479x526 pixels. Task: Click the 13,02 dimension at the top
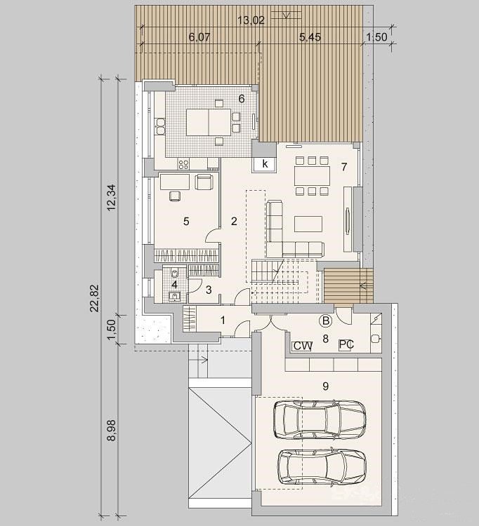click(x=251, y=20)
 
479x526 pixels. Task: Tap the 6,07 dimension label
click(x=199, y=37)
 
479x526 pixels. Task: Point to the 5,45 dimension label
click(x=310, y=37)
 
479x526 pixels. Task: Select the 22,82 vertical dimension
click(x=95, y=298)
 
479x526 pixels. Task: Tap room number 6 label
click(x=241, y=99)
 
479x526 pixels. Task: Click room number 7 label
click(x=343, y=167)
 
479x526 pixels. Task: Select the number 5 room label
click(x=186, y=222)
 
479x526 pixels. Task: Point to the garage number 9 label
click(x=325, y=386)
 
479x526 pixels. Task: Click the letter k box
click(x=265, y=164)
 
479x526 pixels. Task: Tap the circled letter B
click(x=325, y=321)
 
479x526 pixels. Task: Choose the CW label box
click(x=302, y=346)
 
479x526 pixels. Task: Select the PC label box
click(x=346, y=344)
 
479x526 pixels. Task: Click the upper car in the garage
click(x=320, y=419)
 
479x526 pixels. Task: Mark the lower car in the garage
click(x=322, y=467)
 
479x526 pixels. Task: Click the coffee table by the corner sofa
click(x=308, y=224)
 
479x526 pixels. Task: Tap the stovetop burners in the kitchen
click(x=183, y=164)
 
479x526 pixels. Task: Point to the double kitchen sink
click(x=161, y=126)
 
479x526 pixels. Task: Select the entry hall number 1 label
click(x=223, y=321)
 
